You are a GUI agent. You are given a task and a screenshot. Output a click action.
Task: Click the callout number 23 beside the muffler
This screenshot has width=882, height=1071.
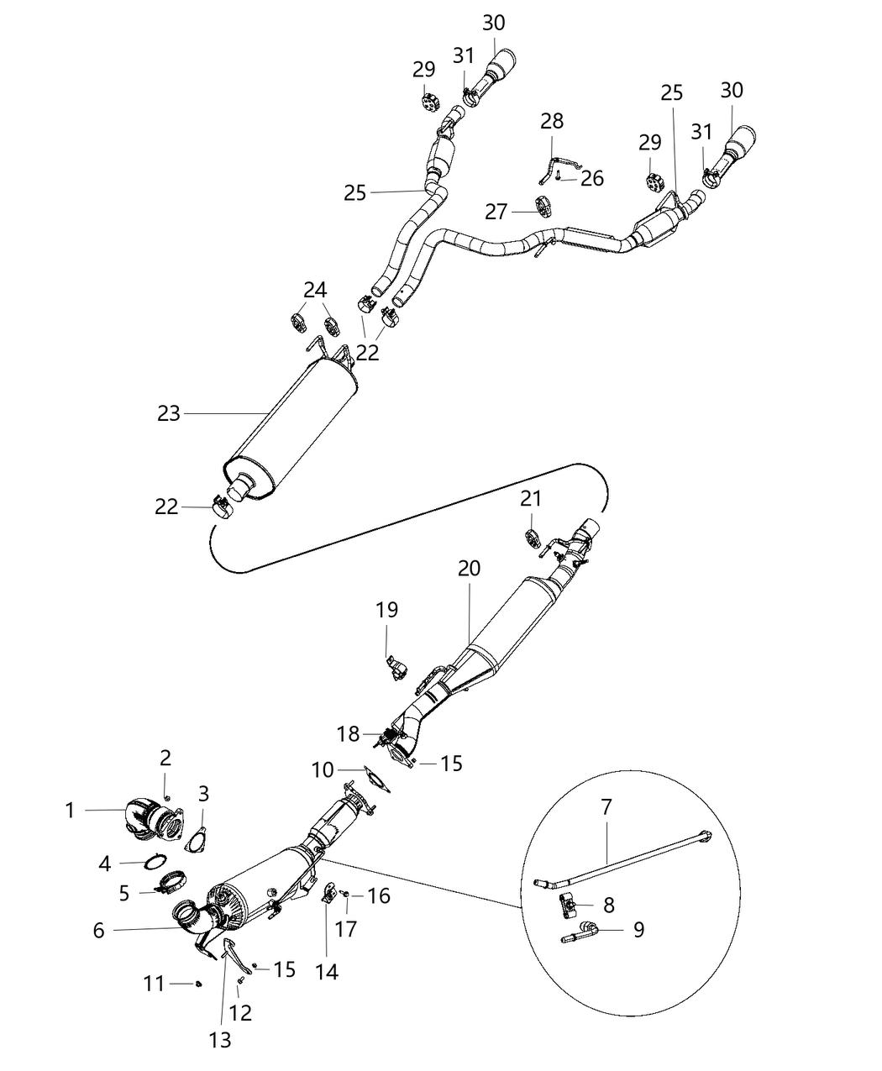(169, 413)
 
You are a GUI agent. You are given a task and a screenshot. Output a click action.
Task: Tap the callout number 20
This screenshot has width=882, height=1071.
(469, 569)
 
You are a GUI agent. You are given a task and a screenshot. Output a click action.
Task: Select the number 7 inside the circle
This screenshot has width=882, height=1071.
(606, 807)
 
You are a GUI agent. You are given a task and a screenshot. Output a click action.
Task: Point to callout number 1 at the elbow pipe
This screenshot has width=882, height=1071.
(71, 811)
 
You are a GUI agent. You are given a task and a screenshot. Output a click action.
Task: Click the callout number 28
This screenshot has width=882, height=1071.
(552, 121)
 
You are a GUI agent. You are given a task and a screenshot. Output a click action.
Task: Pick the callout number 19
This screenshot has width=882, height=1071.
(386, 610)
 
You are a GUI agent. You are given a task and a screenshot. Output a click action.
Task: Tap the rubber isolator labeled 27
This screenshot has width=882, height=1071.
(542, 205)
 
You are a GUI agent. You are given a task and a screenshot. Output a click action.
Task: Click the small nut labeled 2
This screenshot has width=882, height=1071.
(167, 795)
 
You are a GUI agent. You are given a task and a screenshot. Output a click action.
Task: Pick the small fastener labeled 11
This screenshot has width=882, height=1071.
(198, 984)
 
